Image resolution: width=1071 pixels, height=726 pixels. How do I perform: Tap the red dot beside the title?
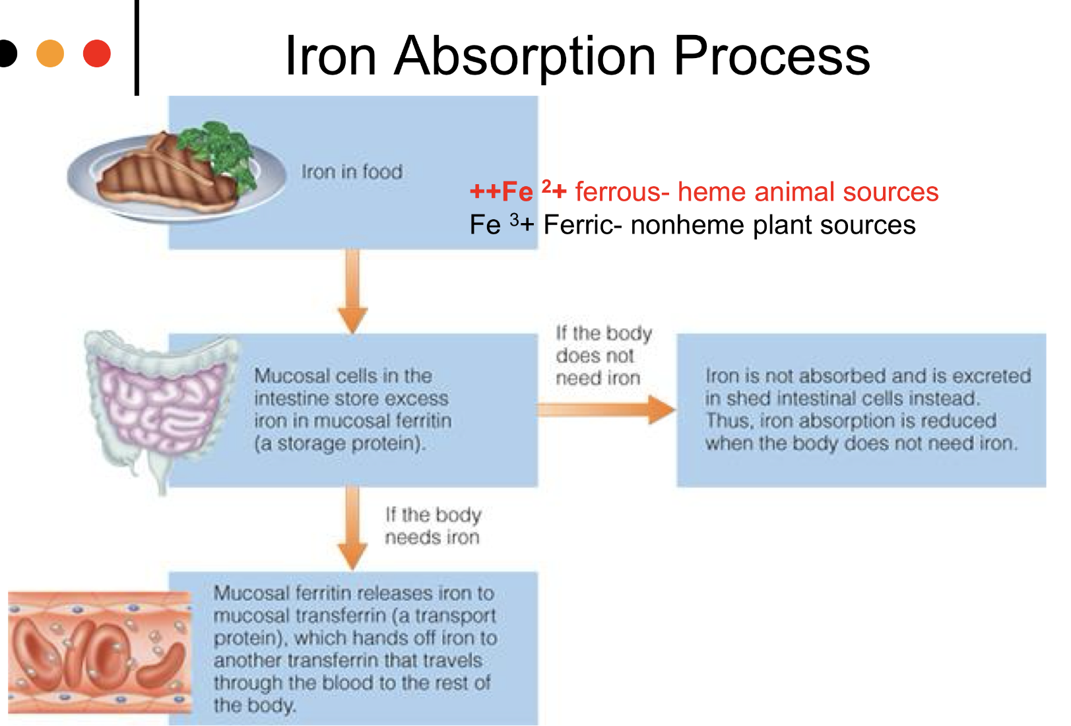[97, 53]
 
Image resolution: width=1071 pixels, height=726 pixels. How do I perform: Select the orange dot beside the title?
[50, 53]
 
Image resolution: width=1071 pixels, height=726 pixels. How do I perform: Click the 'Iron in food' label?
[352, 172]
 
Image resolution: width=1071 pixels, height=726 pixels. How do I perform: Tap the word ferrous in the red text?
[618, 192]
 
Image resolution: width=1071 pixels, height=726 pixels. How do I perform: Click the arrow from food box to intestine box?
[353, 290]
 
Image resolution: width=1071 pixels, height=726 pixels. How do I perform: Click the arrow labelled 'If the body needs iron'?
[353, 528]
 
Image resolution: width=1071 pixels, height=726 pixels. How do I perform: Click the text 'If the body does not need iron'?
[602, 356]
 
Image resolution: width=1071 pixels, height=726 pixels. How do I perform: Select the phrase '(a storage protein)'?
[340, 443]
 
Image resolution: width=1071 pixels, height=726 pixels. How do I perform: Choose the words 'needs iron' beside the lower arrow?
[432, 538]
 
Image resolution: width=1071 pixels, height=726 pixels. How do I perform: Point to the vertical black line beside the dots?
[137, 48]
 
